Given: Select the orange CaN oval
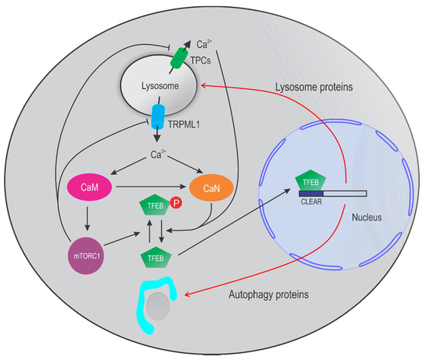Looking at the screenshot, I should click(x=205, y=187).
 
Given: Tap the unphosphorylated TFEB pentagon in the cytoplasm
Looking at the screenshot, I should click(x=152, y=256).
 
